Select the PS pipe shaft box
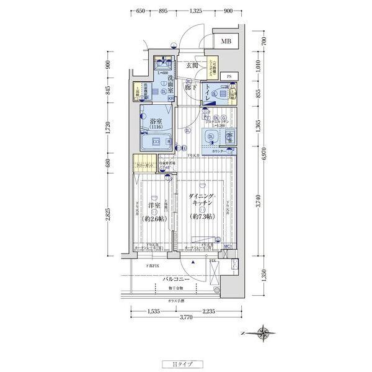coord(229,76)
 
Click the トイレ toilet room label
coord(214,88)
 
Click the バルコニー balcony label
coord(176,280)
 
